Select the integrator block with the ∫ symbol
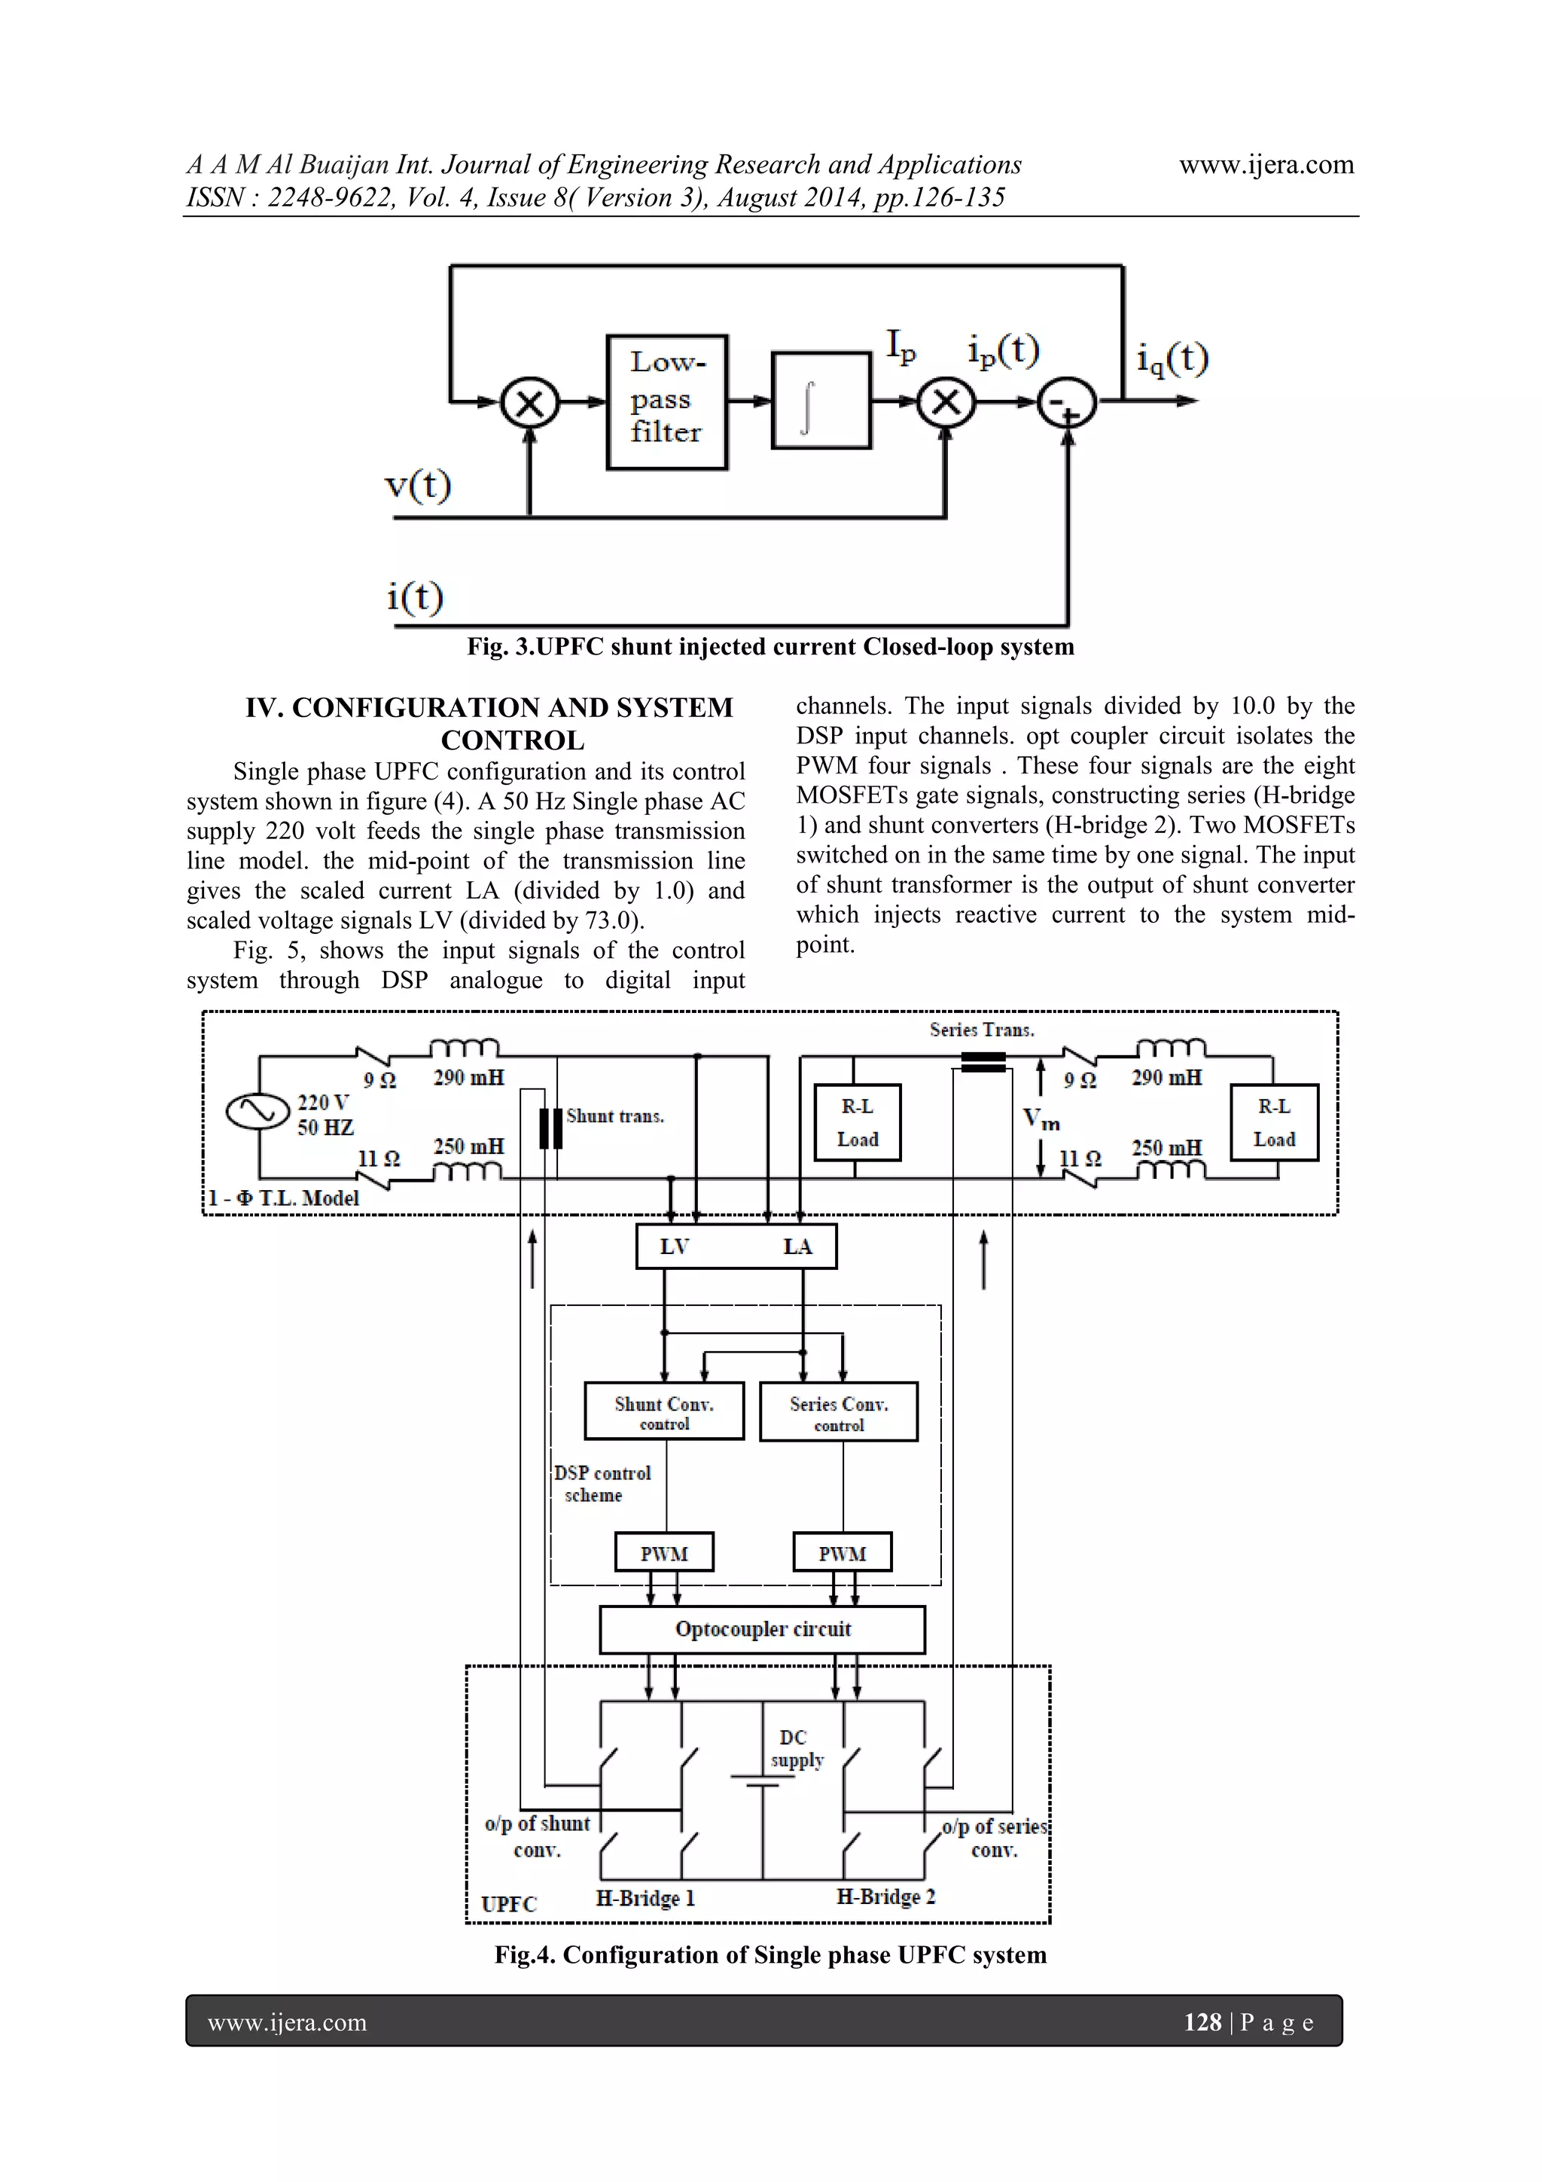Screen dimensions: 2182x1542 point(821,400)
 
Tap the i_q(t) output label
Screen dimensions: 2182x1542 point(1172,359)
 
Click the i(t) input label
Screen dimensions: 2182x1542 point(415,597)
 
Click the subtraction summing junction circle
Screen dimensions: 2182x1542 point(1067,403)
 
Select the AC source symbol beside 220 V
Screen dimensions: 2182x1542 point(258,1110)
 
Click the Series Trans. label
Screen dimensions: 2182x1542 point(982,1029)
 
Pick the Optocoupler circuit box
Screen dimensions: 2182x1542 point(762,1629)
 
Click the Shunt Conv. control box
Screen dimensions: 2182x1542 point(664,1411)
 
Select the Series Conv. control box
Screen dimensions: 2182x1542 point(839,1412)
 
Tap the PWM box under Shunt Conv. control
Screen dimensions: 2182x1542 point(664,1553)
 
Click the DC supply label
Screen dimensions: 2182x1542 point(795,1747)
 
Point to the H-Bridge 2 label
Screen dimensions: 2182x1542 point(885,1896)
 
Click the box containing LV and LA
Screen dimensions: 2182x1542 point(736,1247)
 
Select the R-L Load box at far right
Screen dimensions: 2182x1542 point(1273,1122)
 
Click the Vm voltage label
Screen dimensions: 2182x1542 point(1041,1118)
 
